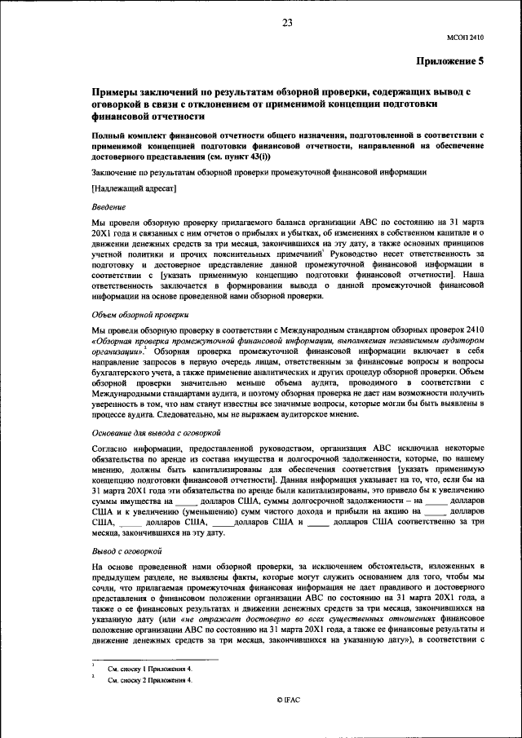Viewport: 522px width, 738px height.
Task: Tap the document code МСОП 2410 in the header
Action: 466,37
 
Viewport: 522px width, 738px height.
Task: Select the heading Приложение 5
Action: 450,61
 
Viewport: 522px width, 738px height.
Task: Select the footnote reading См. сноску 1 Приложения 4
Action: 150,668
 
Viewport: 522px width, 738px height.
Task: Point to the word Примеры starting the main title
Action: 116,92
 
